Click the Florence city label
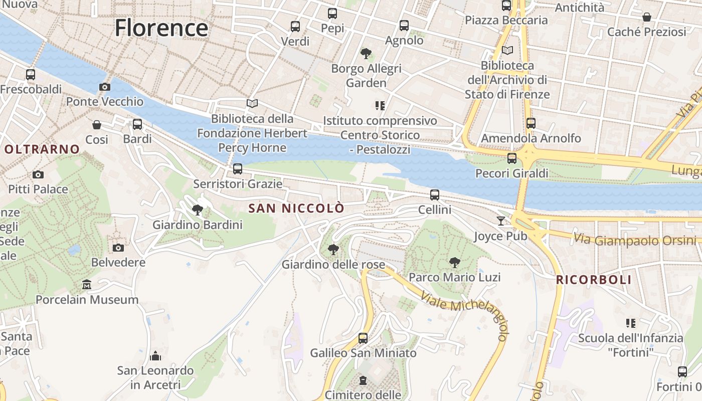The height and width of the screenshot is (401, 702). point(161,28)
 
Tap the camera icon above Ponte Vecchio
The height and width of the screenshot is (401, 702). point(105,87)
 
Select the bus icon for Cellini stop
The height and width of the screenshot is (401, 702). point(435,195)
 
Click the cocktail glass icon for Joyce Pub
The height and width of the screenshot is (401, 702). point(500,221)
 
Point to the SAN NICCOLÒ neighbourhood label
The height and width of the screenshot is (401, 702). point(297,208)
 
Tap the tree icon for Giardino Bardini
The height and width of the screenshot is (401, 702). point(198,210)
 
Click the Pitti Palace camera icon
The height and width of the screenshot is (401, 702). point(38,174)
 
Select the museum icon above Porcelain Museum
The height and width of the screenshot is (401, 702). point(87,285)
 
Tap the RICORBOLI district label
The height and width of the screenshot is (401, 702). point(594,280)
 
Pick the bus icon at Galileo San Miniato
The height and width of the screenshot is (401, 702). point(363,338)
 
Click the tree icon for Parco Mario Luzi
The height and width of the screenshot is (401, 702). point(454,262)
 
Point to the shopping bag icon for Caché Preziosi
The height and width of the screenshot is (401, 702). point(647,17)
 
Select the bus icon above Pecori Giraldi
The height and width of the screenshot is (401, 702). point(511,158)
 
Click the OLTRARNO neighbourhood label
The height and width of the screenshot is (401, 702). point(42,149)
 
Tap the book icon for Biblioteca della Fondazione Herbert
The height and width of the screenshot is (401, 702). point(252,104)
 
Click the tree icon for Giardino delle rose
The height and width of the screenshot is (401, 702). point(333,249)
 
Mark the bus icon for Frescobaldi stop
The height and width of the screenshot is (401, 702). point(31,75)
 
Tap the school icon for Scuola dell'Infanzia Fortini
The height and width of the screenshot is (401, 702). point(631,323)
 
